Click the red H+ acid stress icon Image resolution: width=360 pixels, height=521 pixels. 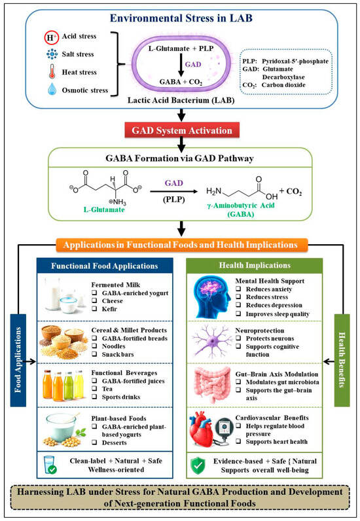pos(52,37)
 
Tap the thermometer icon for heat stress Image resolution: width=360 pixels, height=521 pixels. pos(52,72)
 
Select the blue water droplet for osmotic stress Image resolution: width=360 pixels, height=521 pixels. pos(52,90)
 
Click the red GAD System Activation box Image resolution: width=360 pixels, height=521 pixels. pos(181,130)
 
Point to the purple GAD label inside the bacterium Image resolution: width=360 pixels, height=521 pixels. pos(193,64)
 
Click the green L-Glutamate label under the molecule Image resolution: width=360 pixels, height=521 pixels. pos(104,209)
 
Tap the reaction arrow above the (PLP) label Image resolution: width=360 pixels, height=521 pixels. pos(174,191)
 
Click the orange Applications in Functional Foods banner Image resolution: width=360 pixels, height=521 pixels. pos(181,245)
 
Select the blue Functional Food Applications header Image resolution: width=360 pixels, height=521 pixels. pos(105,266)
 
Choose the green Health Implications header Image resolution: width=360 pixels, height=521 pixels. pos(255,266)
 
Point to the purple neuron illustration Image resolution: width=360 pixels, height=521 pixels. pos(211,342)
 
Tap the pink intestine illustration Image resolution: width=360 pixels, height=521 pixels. pos(211,386)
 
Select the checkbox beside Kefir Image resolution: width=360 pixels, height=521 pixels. pos(94,309)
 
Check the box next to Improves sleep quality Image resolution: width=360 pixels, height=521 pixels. pos(238,314)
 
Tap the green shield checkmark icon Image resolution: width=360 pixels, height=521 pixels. pos(198,465)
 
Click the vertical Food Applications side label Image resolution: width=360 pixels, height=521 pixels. pos(18,360)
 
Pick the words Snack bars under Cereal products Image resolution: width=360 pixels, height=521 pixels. pos(118,354)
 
